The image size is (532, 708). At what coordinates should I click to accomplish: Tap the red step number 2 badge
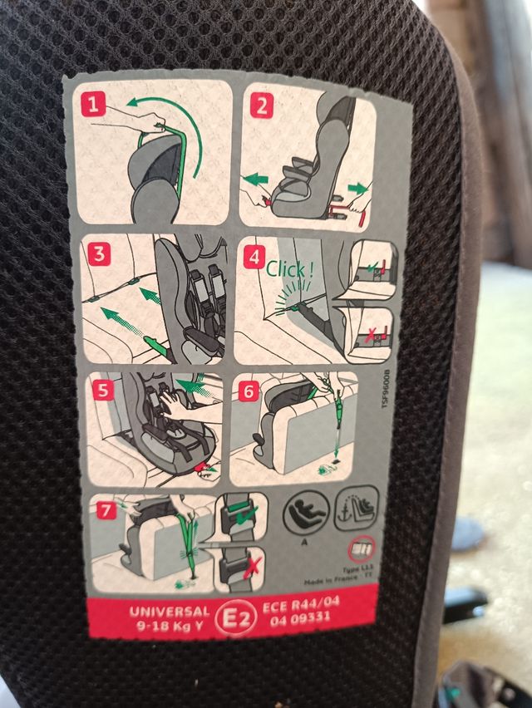(262, 106)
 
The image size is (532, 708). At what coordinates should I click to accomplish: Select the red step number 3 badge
(99, 254)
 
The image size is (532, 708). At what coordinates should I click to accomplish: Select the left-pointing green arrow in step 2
(258, 177)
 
